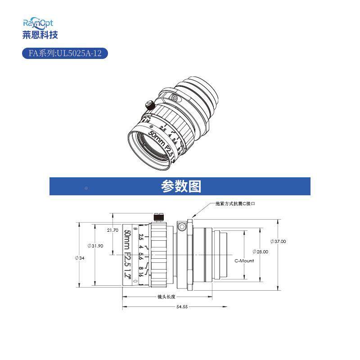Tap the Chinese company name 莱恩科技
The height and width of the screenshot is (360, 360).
(x=40, y=34)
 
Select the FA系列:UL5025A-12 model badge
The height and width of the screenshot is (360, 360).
(x=65, y=54)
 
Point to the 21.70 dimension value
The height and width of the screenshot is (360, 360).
(x=112, y=230)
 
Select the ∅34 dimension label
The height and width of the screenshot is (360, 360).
(x=80, y=258)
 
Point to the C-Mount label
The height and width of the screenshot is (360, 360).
(x=244, y=261)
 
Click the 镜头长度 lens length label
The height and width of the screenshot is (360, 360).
(x=166, y=297)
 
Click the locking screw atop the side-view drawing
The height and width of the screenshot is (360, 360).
(x=158, y=217)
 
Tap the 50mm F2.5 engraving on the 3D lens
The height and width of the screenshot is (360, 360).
(x=161, y=142)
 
